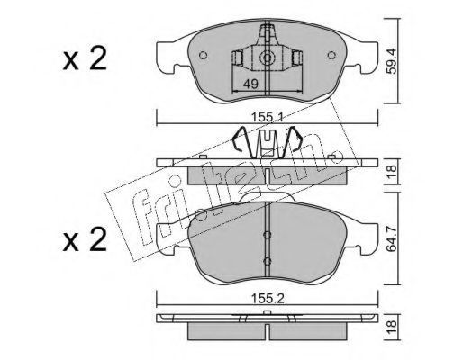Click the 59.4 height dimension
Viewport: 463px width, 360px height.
point(392,61)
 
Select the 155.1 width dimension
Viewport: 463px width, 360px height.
point(268,118)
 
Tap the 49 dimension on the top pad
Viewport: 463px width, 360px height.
point(250,85)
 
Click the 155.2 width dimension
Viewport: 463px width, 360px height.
point(268,298)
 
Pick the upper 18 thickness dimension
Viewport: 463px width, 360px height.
point(392,172)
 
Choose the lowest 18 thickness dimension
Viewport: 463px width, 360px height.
point(392,327)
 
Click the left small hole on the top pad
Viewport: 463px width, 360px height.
point(204,55)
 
